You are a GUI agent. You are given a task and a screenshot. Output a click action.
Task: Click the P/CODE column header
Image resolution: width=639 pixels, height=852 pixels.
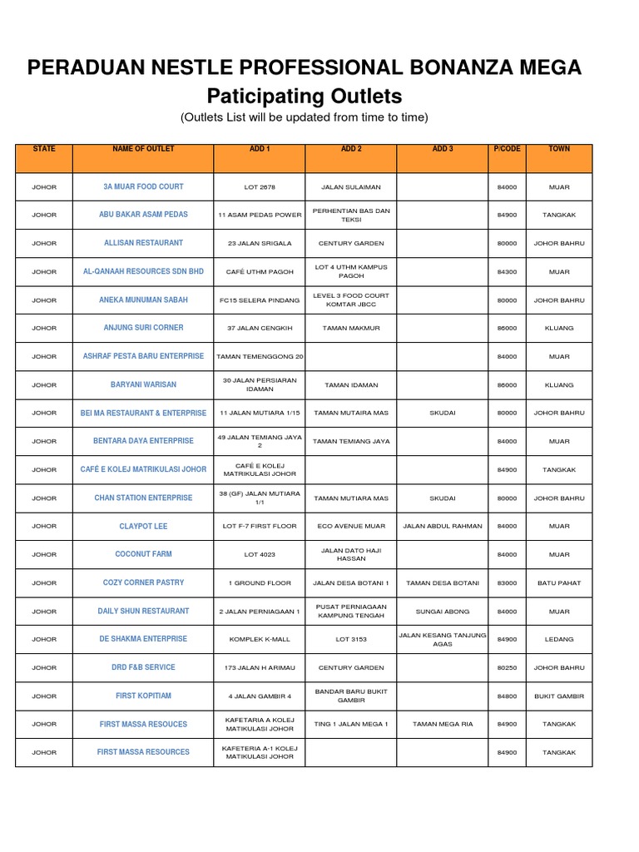pyautogui.click(x=507, y=149)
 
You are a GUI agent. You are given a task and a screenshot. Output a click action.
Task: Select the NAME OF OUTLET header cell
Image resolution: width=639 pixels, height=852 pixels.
pyautogui.click(x=143, y=149)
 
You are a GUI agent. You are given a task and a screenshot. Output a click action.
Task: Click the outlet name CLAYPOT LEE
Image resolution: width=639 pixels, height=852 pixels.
pyautogui.click(x=143, y=526)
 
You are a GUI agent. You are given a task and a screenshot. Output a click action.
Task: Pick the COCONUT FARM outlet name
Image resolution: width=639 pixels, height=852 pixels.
pyautogui.click(x=143, y=554)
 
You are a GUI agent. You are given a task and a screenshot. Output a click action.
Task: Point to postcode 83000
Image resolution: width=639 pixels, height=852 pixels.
pyautogui.click(x=507, y=582)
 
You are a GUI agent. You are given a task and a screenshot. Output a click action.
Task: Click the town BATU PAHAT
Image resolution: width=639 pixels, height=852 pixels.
pyautogui.click(x=559, y=582)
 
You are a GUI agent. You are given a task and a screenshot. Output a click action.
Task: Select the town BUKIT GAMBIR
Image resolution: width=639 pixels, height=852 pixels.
pyautogui.click(x=559, y=696)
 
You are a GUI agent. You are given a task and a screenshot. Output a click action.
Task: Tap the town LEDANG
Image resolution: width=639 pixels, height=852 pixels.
pyautogui.click(x=559, y=639)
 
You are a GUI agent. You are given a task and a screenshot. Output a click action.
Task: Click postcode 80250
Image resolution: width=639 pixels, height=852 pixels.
pyautogui.click(x=507, y=667)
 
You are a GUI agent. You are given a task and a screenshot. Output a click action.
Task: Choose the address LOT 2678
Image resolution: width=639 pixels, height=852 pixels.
pyautogui.click(x=259, y=186)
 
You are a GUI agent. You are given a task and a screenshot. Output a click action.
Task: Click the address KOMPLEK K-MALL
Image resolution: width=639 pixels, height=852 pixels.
pyautogui.click(x=259, y=639)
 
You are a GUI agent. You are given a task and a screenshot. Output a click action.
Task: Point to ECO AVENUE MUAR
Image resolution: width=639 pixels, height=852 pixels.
pyautogui.click(x=350, y=526)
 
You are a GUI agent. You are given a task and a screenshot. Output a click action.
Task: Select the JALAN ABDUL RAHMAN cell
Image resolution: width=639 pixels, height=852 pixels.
pyautogui.click(x=442, y=526)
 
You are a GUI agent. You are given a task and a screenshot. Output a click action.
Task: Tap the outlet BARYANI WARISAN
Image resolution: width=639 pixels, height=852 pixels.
pyautogui.click(x=143, y=384)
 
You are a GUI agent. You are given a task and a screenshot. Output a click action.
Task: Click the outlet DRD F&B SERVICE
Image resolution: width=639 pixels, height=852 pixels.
pyautogui.click(x=143, y=667)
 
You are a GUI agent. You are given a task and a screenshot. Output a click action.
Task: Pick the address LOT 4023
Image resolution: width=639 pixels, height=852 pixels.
pyautogui.click(x=259, y=554)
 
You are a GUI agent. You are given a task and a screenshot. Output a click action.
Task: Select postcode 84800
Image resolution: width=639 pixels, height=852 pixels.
pyautogui.click(x=507, y=696)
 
